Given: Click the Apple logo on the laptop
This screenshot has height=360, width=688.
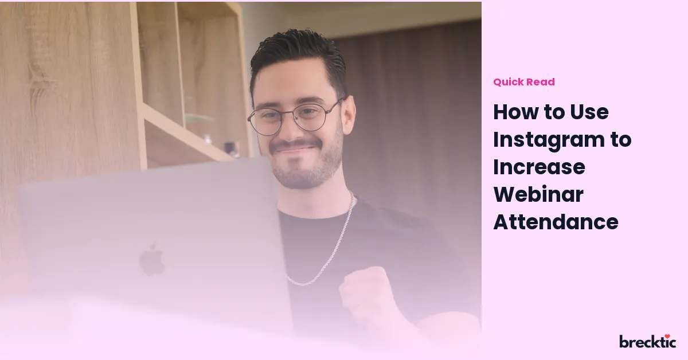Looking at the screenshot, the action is [153, 260].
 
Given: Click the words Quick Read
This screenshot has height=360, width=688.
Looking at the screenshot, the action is [524, 82].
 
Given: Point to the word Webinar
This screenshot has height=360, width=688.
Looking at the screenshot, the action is [538, 194].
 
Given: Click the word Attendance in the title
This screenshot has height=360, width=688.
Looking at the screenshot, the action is [556, 222].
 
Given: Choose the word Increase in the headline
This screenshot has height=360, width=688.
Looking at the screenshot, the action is [539, 167].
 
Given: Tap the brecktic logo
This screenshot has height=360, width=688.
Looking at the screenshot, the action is [647, 341].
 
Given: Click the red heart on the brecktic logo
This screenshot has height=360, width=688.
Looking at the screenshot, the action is [667, 336].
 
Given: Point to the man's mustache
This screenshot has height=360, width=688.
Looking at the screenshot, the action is [295, 145].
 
